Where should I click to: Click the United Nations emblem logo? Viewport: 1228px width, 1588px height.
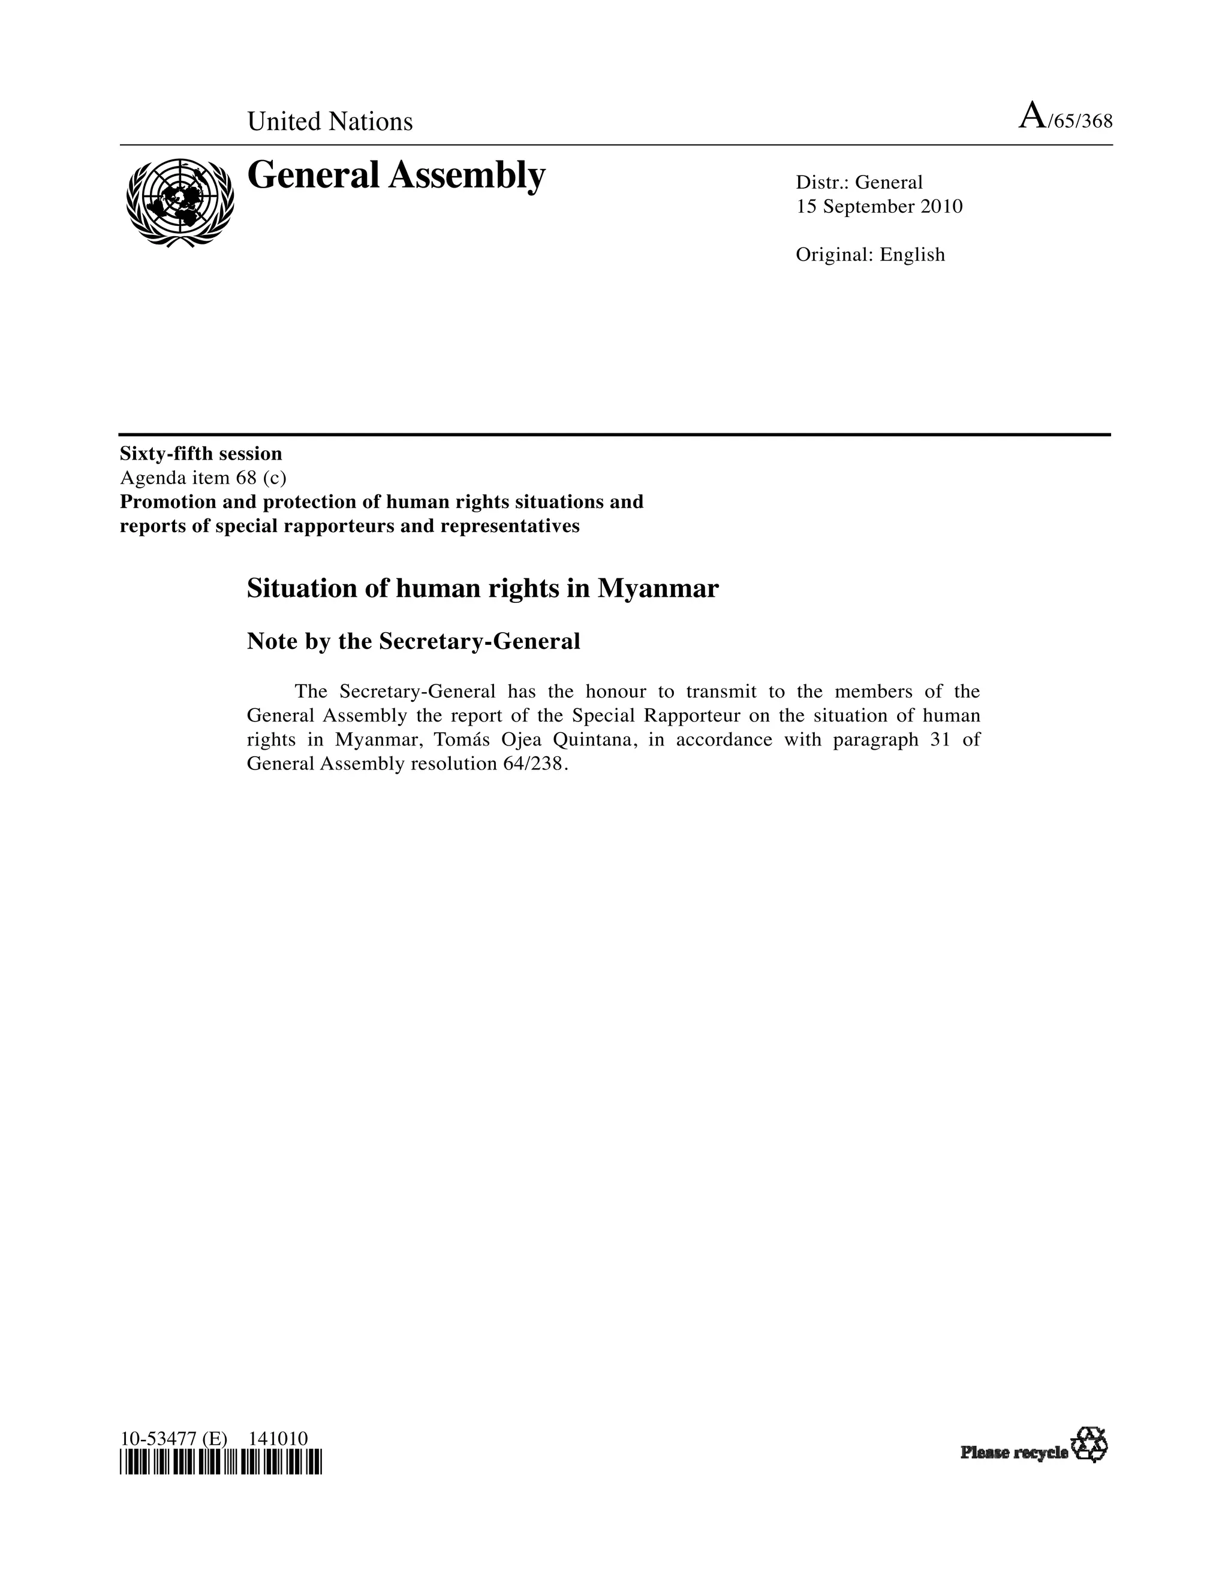(180, 201)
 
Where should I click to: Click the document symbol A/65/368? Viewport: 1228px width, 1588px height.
(1065, 118)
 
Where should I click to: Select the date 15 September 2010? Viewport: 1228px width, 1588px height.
(879, 207)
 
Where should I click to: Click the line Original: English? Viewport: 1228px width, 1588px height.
(870, 255)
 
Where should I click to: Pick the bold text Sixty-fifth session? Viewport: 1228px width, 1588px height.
(201, 454)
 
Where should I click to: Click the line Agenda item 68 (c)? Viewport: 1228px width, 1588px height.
(203, 478)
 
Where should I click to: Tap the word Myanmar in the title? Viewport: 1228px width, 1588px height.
(658, 588)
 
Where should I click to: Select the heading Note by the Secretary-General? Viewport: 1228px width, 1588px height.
(413, 641)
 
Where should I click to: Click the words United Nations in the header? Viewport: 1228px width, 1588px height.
(330, 122)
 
